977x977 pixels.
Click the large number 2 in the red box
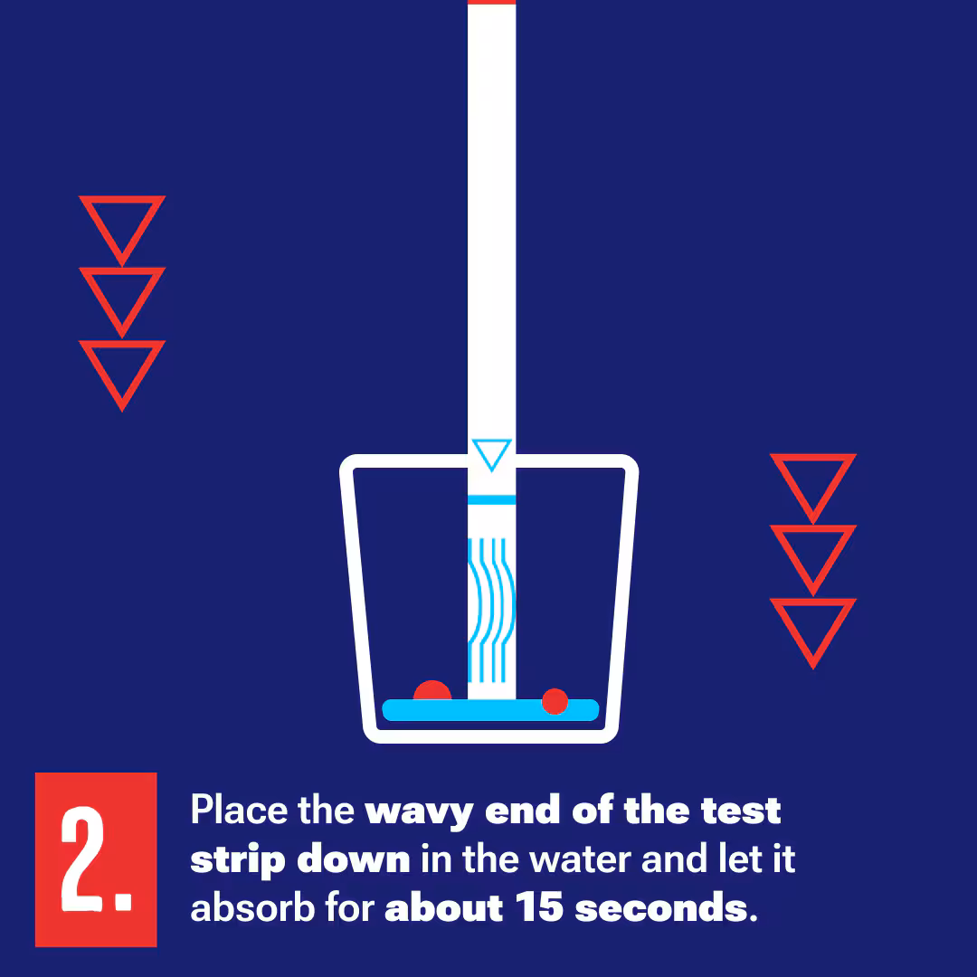pyautogui.click(x=85, y=859)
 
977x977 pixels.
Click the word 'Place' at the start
pyautogui.click(x=239, y=810)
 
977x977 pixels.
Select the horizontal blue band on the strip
pyautogui.click(x=491, y=499)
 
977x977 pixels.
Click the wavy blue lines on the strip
pyautogui.click(x=491, y=610)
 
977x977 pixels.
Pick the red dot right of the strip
pyautogui.click(x=555, y=701)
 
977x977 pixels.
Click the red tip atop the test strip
pyautogui.click(x=491, y=2)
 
